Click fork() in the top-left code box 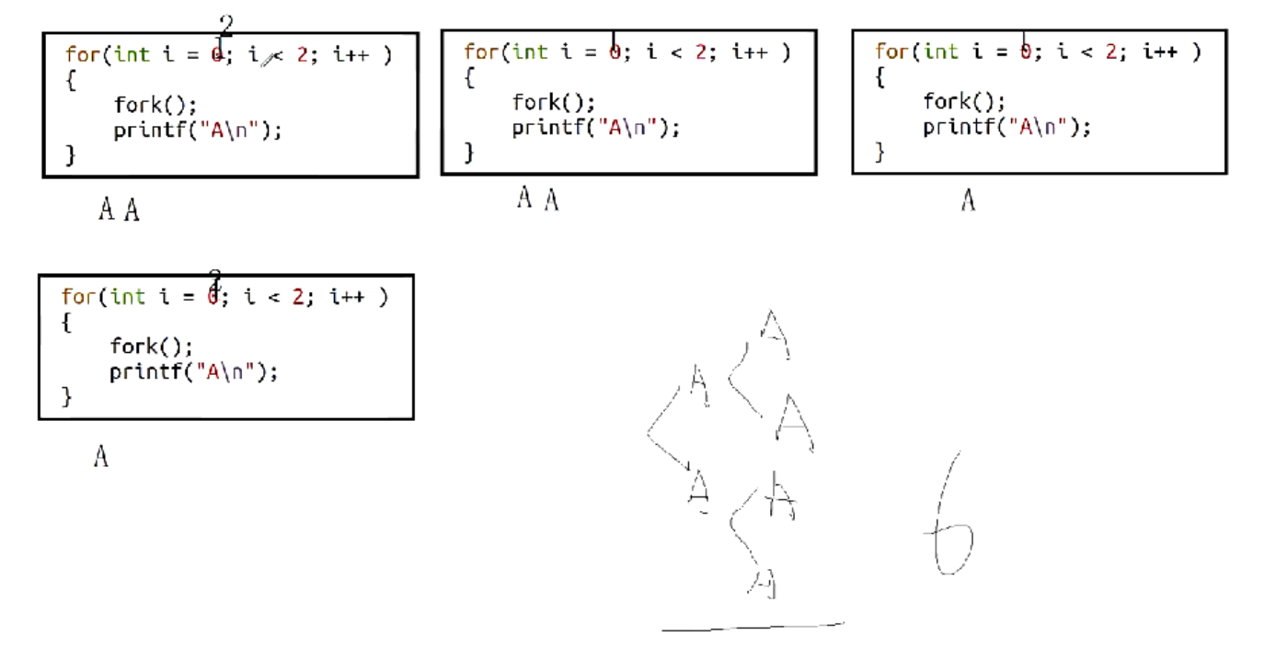tap(155, 104)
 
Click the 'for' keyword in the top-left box tap(81, 54)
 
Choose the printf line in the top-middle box tap(595, 128)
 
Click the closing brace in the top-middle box tap(469, 152)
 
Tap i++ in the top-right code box tap(1161, 52)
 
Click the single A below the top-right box tap(968, 199)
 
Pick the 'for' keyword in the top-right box tap(891, 51)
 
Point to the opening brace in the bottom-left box tap(66, 322)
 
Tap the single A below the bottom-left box tap(101, 456)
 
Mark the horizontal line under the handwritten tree tap(753, 627)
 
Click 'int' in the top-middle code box tap(530, 51)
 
